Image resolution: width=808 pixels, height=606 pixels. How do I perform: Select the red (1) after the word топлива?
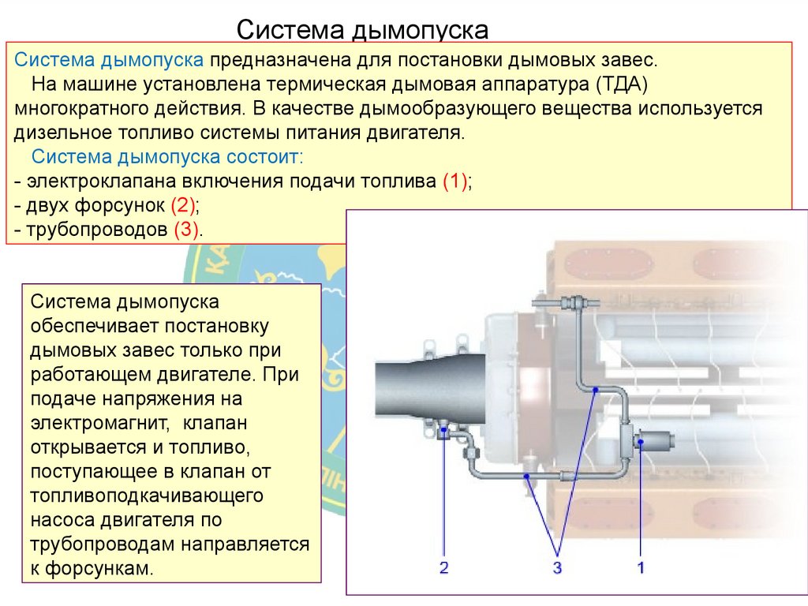(455, 181)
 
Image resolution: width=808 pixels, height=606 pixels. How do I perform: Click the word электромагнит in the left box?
(99, 423)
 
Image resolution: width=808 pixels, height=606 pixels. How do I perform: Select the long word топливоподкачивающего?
(146, 496)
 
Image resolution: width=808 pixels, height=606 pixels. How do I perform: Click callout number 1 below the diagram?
(641, 567)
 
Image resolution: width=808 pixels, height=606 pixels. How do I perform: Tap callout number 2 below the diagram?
(443, 567)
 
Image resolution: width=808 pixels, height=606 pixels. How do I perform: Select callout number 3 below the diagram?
(556, 567)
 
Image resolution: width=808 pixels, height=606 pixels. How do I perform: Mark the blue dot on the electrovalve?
(640, 442)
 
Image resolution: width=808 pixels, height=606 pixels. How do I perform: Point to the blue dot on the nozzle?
(444, 431)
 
